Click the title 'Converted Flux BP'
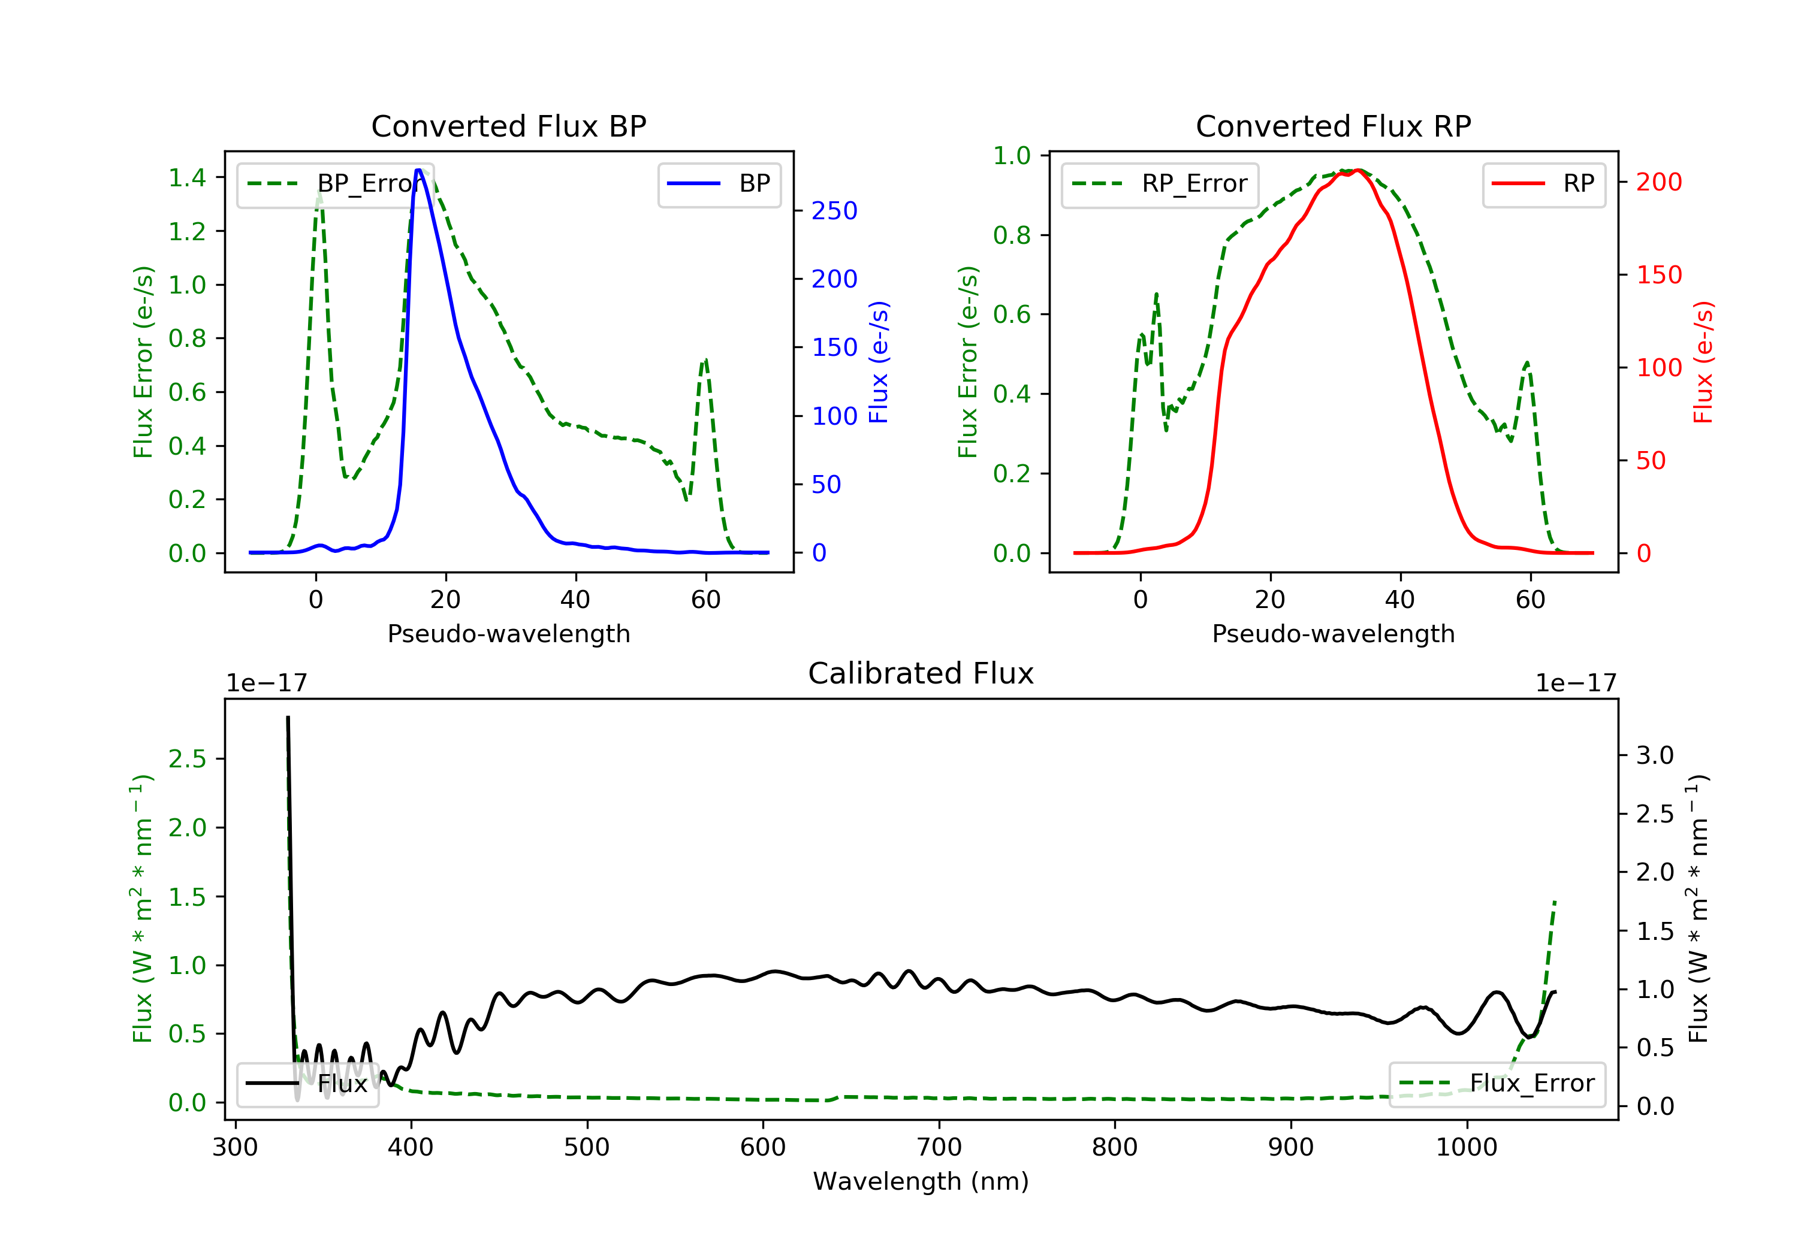point(508,126)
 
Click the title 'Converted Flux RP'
point(1333,126)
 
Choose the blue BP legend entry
point(719,184)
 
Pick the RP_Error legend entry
point(1160,184)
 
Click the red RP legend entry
point(1543,184)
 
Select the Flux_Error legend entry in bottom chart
point(1497,1084)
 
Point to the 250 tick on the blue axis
point(834,211)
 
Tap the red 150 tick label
point(1658,275)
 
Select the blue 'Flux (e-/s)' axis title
point(879,362)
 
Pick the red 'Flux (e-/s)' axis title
point(1703,362)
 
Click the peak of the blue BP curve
point(418,170)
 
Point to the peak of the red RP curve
point(1359,170)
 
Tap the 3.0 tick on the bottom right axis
point(1655,755)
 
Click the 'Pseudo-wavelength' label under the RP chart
point(1333,633)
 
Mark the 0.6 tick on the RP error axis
point(1012,314)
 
